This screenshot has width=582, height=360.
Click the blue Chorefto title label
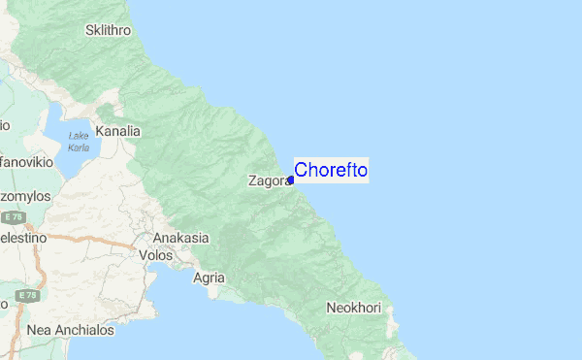[330, 170]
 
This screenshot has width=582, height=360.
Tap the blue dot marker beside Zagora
[291, 180]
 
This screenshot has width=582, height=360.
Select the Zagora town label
[268, 180]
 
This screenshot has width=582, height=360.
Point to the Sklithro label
[108, 31]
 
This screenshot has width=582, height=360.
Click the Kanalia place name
[118, 131]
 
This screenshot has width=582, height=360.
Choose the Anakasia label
[180, 238]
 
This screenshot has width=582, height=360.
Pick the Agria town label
[210, 278]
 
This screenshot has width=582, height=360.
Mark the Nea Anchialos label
[71, 330]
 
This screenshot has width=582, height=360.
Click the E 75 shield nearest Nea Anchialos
[27, 294]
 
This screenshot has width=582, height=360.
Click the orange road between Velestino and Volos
[97, 239]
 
